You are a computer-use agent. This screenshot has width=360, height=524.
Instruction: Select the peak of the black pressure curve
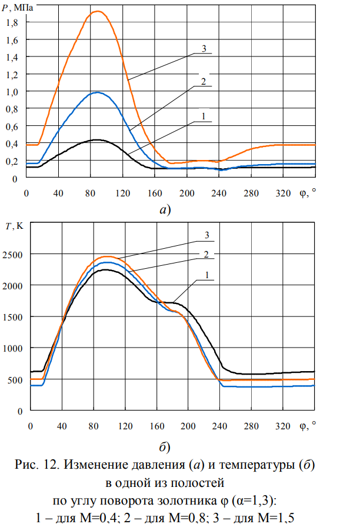click(x=97, y=140)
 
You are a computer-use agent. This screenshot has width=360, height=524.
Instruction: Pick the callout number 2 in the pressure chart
click(x=202, y=82)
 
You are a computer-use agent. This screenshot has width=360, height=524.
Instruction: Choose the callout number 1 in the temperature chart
click(x=207, y=275)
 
